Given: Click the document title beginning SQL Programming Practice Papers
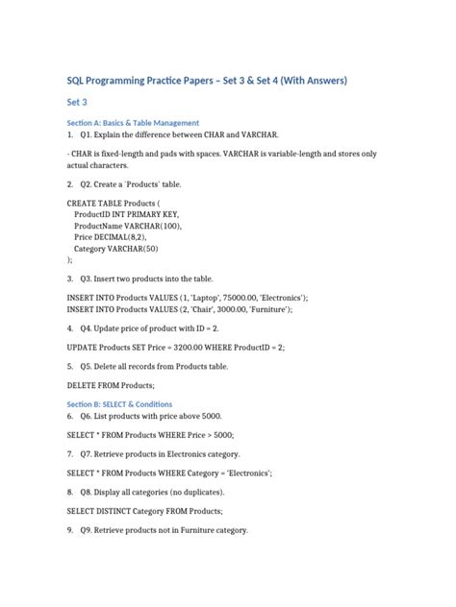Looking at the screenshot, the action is [x=206, y=80].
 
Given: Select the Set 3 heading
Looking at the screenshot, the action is [x=77, y=101].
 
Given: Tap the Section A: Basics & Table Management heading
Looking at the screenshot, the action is [x=133, y=123].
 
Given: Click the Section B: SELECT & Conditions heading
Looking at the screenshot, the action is [x=126, y=404].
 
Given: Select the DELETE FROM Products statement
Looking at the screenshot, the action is [x=111, y=384].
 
